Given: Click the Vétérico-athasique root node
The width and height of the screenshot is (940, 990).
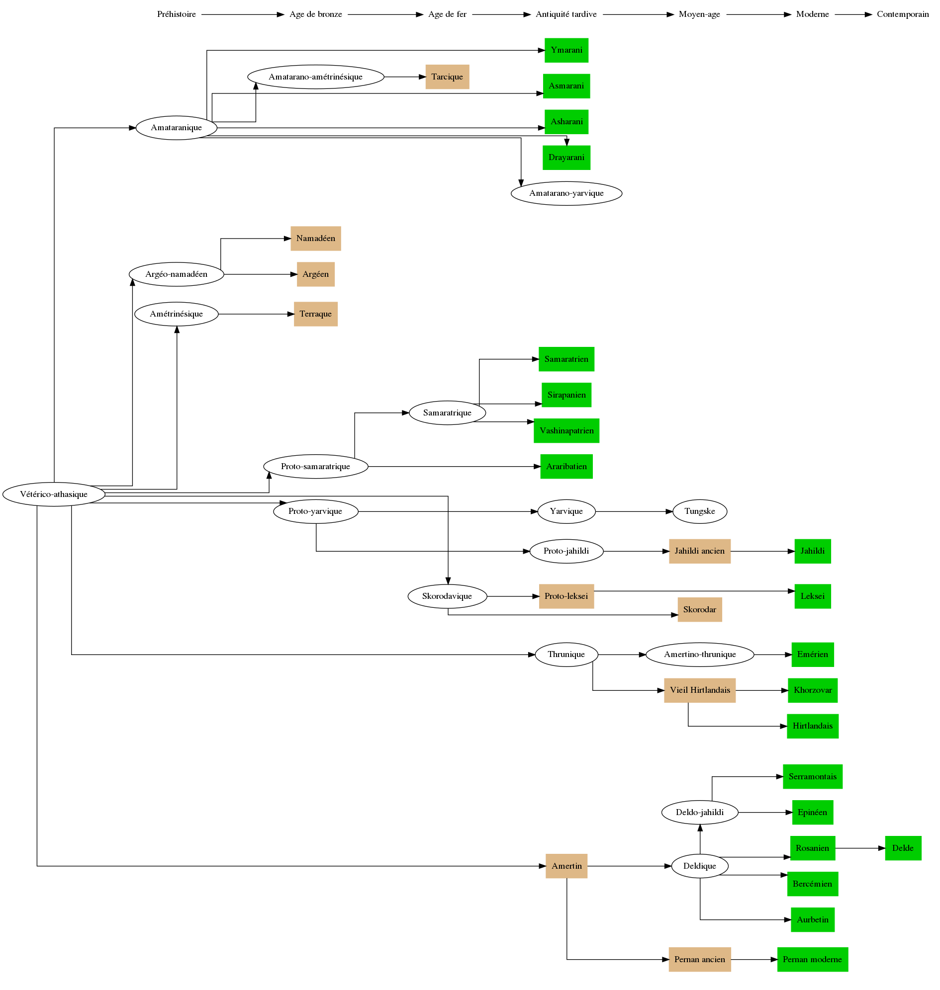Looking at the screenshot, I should coord(54,494).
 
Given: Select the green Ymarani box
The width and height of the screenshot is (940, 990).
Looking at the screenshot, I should coord(566,50).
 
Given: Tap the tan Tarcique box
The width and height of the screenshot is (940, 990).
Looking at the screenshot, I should coord(447,77).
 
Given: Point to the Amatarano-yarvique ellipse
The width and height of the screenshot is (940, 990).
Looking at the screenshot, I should coord(566,193).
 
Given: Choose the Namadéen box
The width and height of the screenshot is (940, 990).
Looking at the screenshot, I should coord(316,239).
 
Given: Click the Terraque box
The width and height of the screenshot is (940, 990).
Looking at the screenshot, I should coord(316,314).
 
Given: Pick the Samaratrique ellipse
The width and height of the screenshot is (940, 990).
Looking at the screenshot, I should coord(447,412).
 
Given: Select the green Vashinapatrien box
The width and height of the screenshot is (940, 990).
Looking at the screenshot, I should coord(566,431).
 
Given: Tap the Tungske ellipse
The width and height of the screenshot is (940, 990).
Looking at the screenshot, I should coord(699,511).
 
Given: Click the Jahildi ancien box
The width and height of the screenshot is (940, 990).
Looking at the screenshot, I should coord(699,551).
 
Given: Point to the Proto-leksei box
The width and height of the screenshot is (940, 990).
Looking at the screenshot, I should coord(566,596).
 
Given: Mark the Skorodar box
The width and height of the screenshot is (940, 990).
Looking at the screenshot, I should coord(699,609).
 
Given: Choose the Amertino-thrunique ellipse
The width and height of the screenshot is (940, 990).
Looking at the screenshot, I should coord(699,655).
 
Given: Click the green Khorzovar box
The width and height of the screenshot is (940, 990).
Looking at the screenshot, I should coord(812,690).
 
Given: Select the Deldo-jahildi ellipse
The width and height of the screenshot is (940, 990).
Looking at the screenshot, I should coord(699,812).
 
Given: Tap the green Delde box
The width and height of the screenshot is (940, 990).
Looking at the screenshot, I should coord(902,848).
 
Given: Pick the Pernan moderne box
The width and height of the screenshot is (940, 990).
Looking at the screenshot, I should coord(812,960).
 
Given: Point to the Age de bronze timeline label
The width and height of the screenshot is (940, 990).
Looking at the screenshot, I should coord(316,14).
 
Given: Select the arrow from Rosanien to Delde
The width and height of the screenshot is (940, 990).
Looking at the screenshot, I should coord(860,848).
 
